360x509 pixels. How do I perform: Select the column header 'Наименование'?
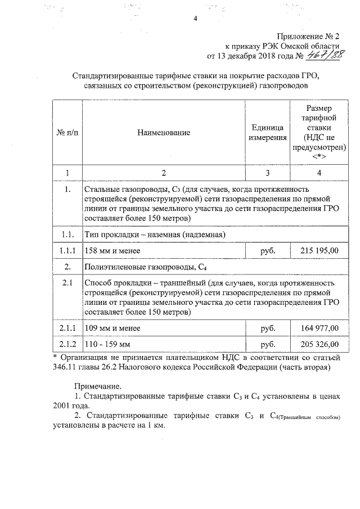(x=163, y=133)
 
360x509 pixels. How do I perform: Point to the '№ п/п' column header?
(x=67, y=133)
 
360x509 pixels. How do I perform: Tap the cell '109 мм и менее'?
(x=112, y=327)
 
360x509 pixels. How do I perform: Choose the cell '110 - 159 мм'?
(x=107, y=344)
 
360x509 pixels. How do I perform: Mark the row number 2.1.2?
(x=67, y=344)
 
